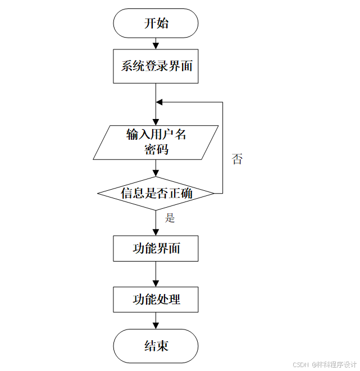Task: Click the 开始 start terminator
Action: coord(156,23)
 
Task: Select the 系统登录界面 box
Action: coord(156,66)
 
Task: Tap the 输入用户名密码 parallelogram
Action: coord(156,142)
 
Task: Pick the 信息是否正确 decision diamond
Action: coord(156,194)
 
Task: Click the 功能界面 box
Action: coord(156,248)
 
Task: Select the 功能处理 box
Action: coord(156,299)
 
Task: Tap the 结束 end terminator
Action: coord(156,345)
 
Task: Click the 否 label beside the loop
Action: coord(238,159)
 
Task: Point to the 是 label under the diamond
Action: coord(170,218)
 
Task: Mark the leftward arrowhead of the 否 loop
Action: coord(160,102)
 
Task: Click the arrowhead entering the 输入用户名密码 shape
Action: coord(156,122)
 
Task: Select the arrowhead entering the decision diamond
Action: coord(156,173)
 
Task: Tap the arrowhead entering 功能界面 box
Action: coord(156,232)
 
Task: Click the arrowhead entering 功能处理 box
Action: coord(156,283)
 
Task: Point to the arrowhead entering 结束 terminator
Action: coord(156,325)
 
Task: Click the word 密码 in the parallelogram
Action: coord(156,150)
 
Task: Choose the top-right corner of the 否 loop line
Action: coord(222,102)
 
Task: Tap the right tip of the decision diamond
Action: coord(215,194)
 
